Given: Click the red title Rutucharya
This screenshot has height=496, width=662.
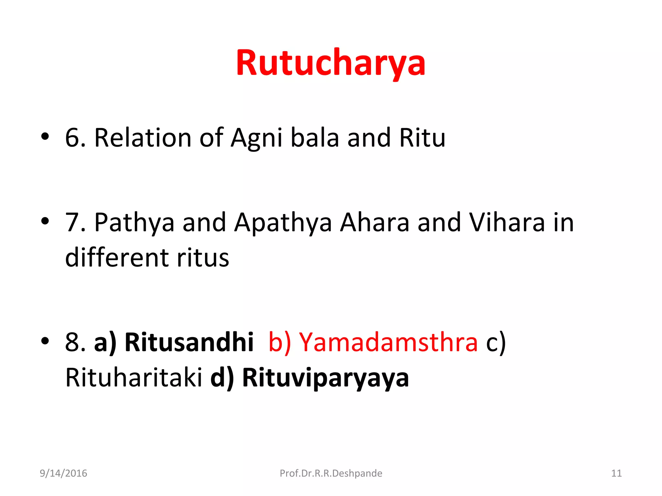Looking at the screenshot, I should tap(330, 63).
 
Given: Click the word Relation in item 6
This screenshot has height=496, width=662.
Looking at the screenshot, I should tap(143, 138).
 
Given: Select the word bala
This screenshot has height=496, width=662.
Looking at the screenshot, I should tap(315, 138).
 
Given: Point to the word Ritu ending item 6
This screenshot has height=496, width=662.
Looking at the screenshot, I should tap(422, 138).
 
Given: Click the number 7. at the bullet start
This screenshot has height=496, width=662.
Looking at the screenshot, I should tap(75, 223).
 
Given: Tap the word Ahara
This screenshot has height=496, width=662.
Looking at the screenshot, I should tap(375, 223).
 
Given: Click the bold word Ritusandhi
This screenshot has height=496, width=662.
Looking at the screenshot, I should tap(189, 342).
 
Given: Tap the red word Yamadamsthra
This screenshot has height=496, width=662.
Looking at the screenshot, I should tap(388, 342).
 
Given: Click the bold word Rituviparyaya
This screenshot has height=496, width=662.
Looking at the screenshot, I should tap(325, 378).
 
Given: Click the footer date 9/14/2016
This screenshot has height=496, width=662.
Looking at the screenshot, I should tap(63, 473).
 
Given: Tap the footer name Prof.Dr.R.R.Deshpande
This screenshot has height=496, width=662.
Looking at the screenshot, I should tap(331, 473).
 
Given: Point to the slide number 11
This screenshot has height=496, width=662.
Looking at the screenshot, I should tap(616, 473).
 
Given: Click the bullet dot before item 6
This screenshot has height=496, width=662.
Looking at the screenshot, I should tap(45, 137).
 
